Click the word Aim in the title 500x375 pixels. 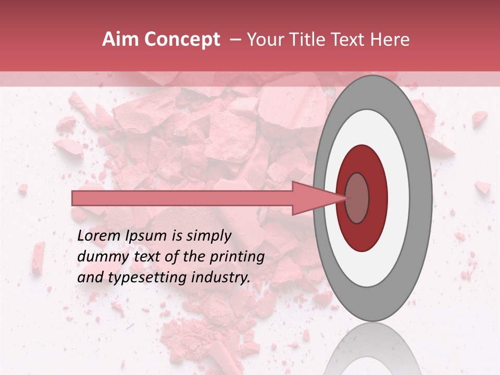120,40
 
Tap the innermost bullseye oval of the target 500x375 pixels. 357,198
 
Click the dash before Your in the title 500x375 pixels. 235,40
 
